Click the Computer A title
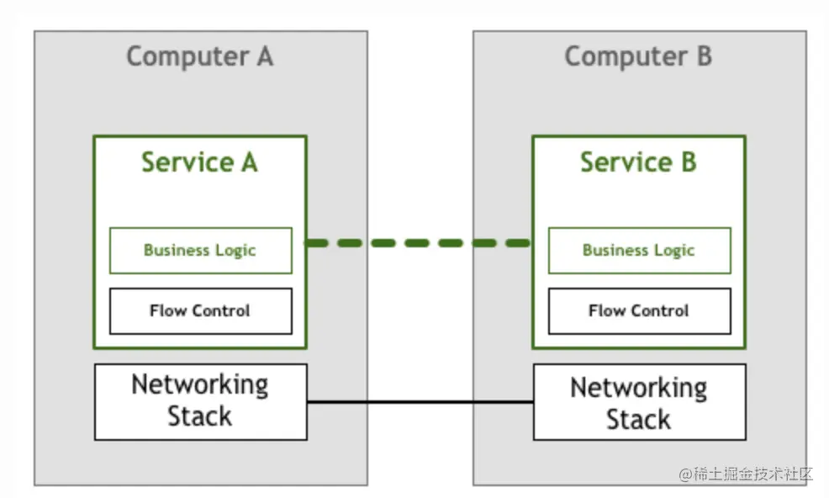click(x=200, y=56)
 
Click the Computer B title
click(x=638, y=56)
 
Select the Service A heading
click(x=199, y=162)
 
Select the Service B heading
click(x=638, y=162)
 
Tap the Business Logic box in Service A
click(x=200, y=250)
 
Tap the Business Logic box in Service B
click(x=639, y=250)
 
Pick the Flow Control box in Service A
click(x=200, y=310)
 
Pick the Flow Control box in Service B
click(x=639, y=310)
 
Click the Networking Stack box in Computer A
click(x=200, y=401)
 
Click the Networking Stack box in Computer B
click(x=639, y=402)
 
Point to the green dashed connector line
click(x=419, y=243)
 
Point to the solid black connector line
click(x=420, y=402)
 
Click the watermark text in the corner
click(x=746, y=474)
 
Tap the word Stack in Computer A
click(x=199, y=416)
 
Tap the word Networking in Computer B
click(x=639, y=388)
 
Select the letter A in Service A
click(x=248, y=162)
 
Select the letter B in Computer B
click(x=703, y=56)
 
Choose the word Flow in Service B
click(x=605, y=310)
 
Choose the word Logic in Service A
click(x=235, y=250)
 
